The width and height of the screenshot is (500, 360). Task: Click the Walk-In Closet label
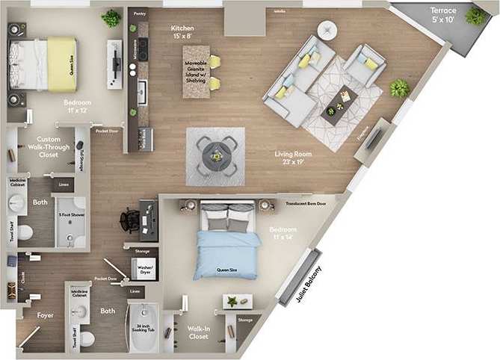(x=197, y=332)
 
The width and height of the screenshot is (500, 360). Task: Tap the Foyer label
(x=46, y=315)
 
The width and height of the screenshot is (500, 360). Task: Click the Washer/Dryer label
(x=145, y=270)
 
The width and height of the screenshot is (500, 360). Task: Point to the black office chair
(x=129, y=219)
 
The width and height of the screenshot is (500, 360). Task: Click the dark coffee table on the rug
(x=338, y=104)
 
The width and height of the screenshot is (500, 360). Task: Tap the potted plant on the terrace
(x=475, y=16)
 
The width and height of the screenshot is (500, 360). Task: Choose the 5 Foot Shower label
(x=71, y=214)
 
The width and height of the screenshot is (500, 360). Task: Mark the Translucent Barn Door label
(x=306, y=203)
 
